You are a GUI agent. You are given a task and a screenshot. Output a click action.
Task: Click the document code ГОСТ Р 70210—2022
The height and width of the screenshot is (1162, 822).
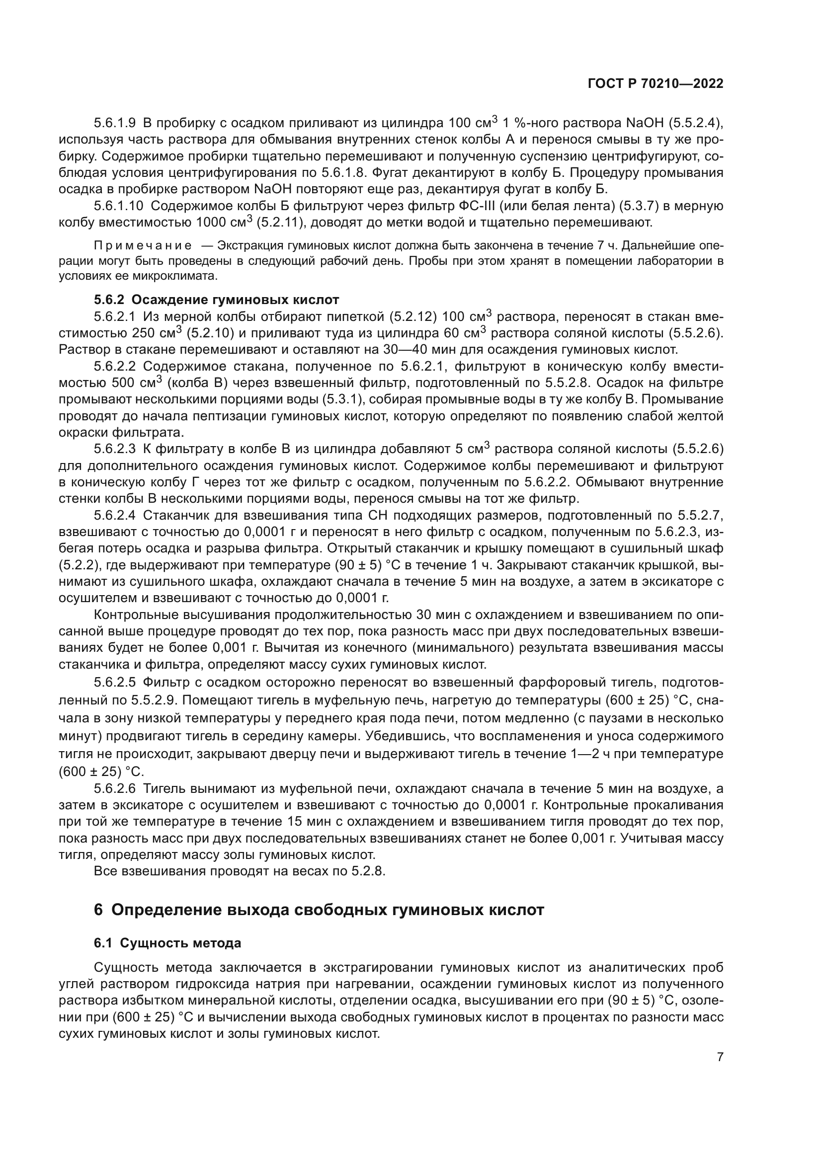656,84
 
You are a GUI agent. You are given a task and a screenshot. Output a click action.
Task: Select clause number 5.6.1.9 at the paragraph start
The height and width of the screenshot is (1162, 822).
115,123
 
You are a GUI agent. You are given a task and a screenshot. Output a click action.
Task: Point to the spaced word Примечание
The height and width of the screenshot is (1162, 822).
143,246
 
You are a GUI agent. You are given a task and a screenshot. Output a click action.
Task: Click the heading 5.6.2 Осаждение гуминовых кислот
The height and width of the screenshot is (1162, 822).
216,300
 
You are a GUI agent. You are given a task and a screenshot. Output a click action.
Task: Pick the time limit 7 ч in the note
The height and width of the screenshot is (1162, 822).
610,246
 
